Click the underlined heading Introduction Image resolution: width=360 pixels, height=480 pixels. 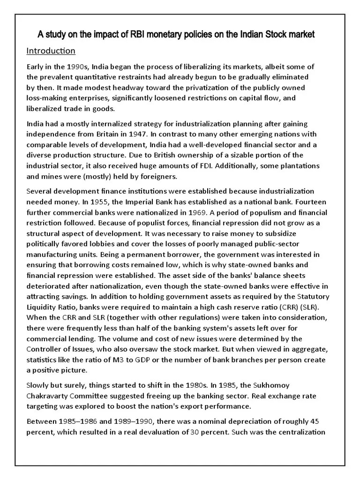51,50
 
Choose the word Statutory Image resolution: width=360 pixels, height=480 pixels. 313,296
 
